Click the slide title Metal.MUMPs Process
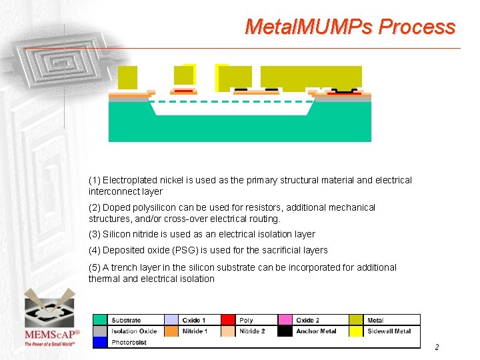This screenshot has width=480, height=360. pyautogui.click(x=350, y=27)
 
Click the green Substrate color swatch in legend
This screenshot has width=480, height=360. pyautogui.click(x=99, y=320)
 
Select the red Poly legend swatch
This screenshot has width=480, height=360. pyautogui.click(x=228, y=320)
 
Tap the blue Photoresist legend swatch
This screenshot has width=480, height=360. pyautogui.click(x=99, y=342)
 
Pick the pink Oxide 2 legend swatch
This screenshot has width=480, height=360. pyautogui.click(x=285, y=320)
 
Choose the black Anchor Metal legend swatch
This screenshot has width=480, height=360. pyautogui.click(x=285, y=331)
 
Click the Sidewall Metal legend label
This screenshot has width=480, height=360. pyautogui.click(x=389, y=331)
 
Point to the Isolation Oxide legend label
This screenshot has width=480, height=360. pyautogui.click(x=134, y=331)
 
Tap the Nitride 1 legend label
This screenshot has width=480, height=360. pyautogui.click(x=195, y=331)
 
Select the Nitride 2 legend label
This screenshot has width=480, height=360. pyautogui.click(x=252, y=331)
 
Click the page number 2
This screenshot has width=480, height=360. pyautogui.click(x=437, y=347)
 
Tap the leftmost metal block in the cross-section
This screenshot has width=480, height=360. pyautogui.click(x=127, y=77)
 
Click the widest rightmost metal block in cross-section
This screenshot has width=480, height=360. pyautogui.click(x=311, y=77)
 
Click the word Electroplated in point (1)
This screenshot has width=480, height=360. pyautogui.click(x=126, y=180)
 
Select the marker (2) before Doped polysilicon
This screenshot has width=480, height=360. pyautogui.click(x=95, y=207)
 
